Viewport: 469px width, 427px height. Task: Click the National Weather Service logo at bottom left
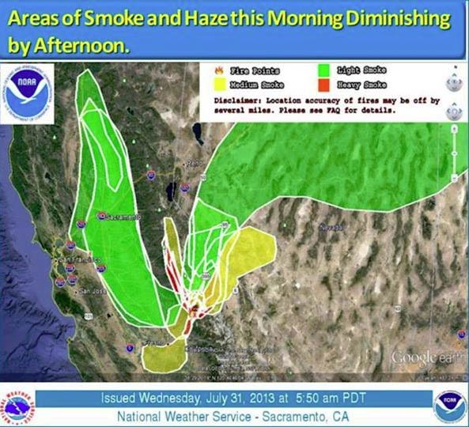pos(19,405)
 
